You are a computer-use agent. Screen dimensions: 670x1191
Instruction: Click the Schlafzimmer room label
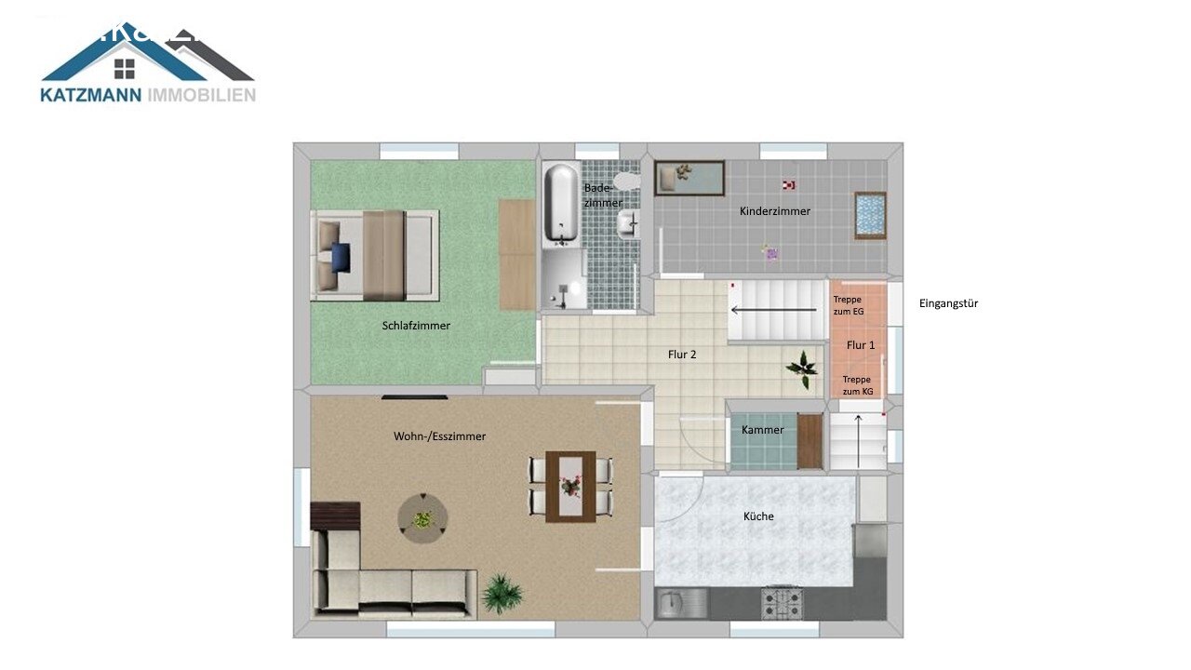[x=416, y=326]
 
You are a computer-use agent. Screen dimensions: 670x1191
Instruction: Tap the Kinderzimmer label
[x=774, y=211]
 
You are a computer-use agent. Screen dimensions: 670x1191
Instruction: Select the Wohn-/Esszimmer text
[x=439, y=436]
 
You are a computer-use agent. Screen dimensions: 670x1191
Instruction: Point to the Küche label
[x=758, y=516]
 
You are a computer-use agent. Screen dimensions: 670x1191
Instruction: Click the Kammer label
[x=762, y=430]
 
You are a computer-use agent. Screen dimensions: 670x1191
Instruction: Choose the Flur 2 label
[x=682, y=355]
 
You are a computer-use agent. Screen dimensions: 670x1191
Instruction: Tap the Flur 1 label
[x=860, y=345]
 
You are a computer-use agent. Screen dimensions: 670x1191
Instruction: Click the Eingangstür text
[x=948, y=303]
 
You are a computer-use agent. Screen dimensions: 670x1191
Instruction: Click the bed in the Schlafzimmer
[x=374, y=254]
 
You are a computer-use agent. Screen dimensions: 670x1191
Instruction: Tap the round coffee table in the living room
[x=422, y=519]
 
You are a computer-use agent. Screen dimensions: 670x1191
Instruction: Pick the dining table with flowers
[x=570, y=486]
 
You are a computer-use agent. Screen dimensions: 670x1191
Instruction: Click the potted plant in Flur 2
[x=801, y=368]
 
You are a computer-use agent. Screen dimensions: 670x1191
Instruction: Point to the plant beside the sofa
[x=502, y=593]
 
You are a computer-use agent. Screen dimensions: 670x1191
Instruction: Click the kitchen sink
[x=673, y=605]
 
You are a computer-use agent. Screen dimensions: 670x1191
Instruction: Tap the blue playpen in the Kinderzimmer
[x=870, y=215]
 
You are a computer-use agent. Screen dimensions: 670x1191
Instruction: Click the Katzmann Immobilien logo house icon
[x=126, y=68]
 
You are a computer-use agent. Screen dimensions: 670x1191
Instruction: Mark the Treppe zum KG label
[x=859, y=384]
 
